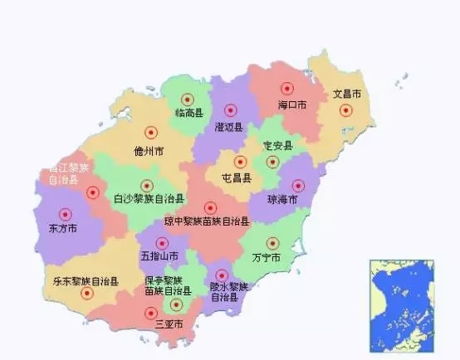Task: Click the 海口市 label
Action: [291, 105]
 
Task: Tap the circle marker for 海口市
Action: [287, 88]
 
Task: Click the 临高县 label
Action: [189, 112]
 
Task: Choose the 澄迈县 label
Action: [228, 128]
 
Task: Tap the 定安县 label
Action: [277, 145]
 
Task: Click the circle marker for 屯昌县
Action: [240, 162]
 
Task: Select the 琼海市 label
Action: [281, 200]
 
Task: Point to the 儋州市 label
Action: [148, 151]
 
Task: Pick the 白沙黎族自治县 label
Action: [149, 200]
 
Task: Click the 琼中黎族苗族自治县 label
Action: [207, 222]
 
